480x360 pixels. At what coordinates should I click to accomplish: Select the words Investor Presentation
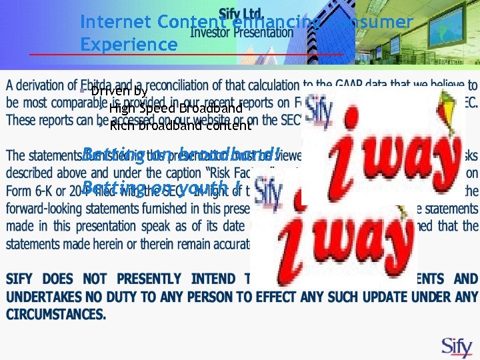click(241, 31)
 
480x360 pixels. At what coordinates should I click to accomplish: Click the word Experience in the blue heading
click(129, 45)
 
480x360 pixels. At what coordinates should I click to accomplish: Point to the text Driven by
click(119, 91)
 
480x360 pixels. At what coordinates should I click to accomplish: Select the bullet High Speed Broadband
click(175, 108)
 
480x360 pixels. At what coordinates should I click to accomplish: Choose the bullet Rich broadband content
click(181, 125)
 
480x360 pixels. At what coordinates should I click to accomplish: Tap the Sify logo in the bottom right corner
click(457, 347)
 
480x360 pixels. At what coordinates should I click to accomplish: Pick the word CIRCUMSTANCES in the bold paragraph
click(57, 314)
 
